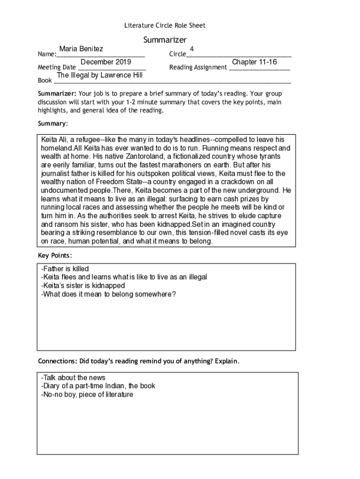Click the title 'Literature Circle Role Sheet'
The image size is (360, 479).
click(165, 25)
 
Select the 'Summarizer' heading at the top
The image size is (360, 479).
click(165, 40)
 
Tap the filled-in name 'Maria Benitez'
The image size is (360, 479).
click(81, 49)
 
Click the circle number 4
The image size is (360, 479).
click(192, 49)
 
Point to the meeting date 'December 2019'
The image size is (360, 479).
click(106, 62)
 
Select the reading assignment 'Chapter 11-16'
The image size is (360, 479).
click(254, 62)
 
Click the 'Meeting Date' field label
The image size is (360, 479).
click(57, 68)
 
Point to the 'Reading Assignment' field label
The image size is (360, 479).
click(198, 68)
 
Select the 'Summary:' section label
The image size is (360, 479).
click(53, 124)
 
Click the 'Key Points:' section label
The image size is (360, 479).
click(55, 255)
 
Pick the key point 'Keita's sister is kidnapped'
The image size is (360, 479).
click(83, 285)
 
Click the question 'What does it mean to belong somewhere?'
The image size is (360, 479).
click(108, 294)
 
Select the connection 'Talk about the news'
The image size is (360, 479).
click(73, 377)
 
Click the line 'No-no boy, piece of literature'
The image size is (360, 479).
click(87, 394)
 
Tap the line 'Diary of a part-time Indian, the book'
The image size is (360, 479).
click(98, 386)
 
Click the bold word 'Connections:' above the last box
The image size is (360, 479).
click(58, 362)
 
